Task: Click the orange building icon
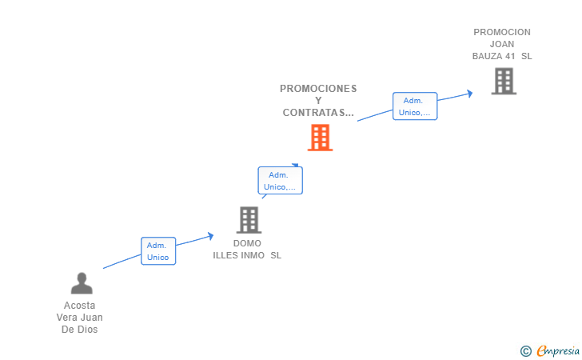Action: coord(320,138)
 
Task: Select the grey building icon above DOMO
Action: coord(249,219)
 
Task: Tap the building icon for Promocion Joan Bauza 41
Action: coord(503,81)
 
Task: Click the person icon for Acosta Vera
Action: coord(82,283)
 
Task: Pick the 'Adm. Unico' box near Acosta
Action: coord(157,251)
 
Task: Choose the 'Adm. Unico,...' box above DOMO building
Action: coord(280,181)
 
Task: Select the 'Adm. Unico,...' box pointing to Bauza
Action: coord(414,106)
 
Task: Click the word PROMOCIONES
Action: coord(318,89)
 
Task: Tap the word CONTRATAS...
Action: coord(317,113)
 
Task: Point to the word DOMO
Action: coord(247,243)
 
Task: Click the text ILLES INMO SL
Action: coord(247,255)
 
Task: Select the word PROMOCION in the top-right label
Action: coord(502,33)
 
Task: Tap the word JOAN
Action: coord(502,45)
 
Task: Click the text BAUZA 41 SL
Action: coord(502,57)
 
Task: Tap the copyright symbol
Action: coord(525,350)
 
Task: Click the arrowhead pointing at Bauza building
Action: coord(470,93)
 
